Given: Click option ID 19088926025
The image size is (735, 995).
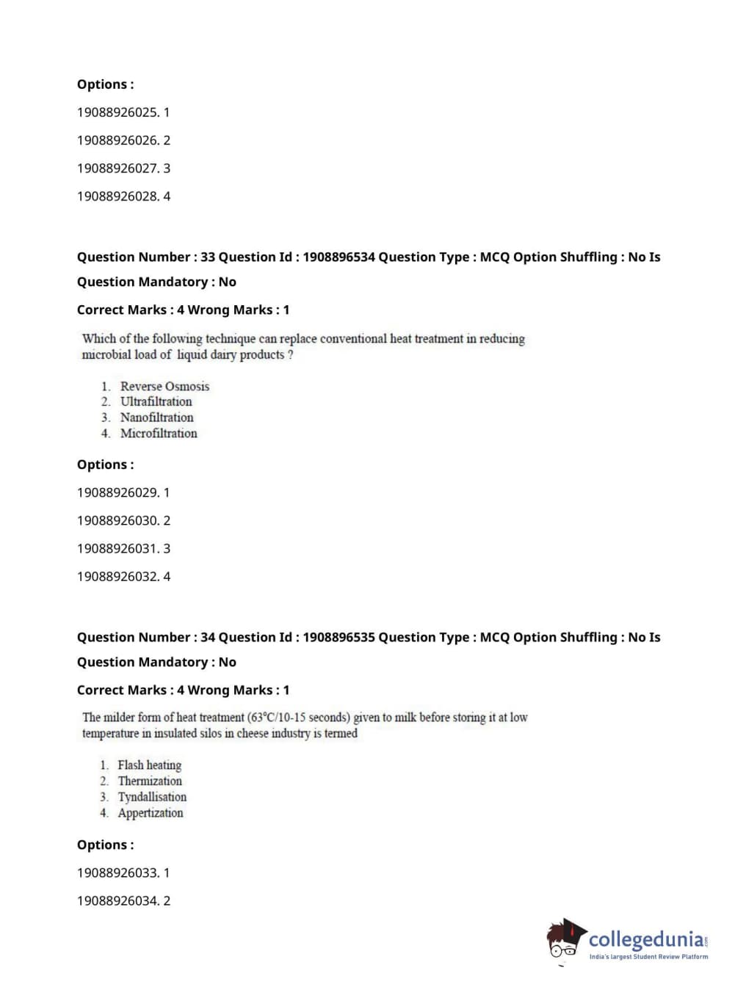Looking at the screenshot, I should pyautogui.click(x=117, y=112).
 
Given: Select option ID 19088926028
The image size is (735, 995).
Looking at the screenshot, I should pyautogui.click(x=117, y=196).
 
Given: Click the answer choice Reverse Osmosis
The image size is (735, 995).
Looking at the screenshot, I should pyautogui.click(x=164, y=386).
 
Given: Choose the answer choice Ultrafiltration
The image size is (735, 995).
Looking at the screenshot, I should pyautogui.click(x=156, y=401).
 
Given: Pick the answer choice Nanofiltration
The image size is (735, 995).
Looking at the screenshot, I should pyautogui.click(x=156, y=418).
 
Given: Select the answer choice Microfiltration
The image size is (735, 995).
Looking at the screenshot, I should pyautogui.click(x=159, y=434).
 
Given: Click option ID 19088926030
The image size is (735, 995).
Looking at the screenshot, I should pyautogui.click(x=117, y=520).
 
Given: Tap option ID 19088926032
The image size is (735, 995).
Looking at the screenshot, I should pyautogui.click(x=117, y=576).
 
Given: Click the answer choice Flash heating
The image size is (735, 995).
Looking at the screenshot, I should pyautogui.click(x=149, y=765).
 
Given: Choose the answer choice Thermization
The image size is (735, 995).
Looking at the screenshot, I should pyautogui.click(x=150, y=781).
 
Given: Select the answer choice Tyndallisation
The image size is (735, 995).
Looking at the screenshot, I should pyautogui.click(x=152, y=797).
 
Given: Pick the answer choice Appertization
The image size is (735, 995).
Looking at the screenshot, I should pyautogui.click(x=151, y=813).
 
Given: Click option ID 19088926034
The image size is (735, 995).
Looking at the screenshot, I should pyautogui.click(x=117, y=900).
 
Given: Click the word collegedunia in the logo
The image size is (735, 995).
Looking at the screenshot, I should pyautogui.click(x=646, y=939).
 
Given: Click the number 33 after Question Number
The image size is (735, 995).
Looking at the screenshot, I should pyautogui.click(x=208, y=257).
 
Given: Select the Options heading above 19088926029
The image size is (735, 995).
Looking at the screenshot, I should pyautogui.click(x=105, y=464).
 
